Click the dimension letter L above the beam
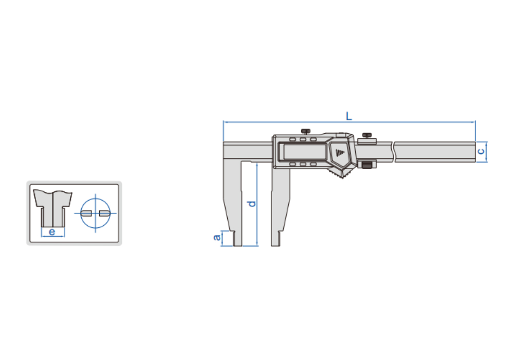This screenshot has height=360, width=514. (349, 116)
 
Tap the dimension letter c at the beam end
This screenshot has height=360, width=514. (481, 151)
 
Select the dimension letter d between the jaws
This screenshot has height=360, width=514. (252, 204)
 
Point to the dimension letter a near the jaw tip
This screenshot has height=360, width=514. (217, 238)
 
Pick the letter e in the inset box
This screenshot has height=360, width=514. (52, 232)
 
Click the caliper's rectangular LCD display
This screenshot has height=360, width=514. (304, 152)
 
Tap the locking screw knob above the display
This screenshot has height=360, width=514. (306, 132)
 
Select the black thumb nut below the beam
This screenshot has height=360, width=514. (367, 165)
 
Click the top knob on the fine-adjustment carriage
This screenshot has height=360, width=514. (367, 135)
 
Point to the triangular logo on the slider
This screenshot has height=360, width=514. (340, 152)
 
